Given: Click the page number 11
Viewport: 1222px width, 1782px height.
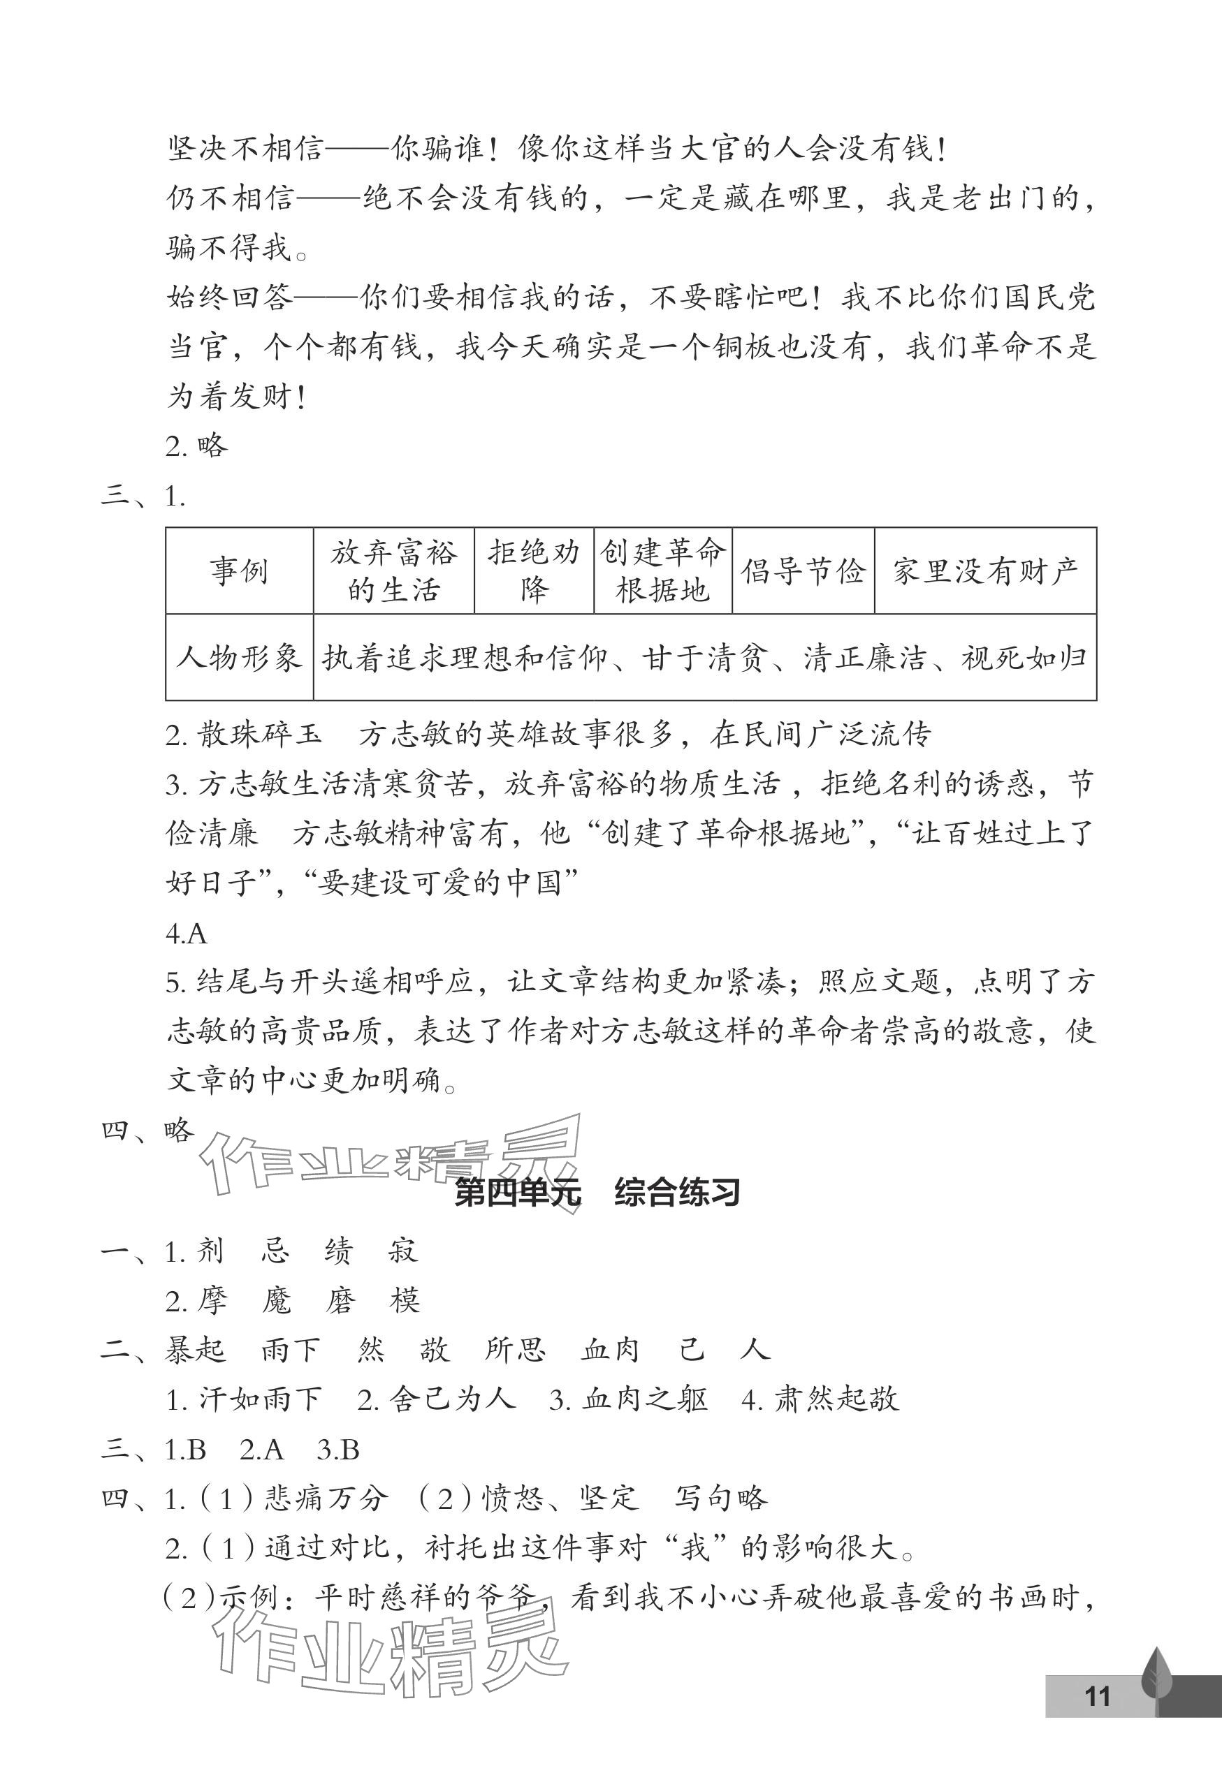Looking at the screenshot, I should tap(1098, 1695).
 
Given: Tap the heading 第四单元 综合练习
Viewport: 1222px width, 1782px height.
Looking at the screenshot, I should tap(597, 1194).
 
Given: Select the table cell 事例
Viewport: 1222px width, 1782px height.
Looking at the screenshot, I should tap(240, 571).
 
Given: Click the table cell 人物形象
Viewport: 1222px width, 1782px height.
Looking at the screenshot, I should tap(240, 658).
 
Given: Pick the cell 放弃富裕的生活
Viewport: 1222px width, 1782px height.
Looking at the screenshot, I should tap(393, 571).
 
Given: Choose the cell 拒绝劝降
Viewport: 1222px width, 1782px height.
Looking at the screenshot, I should tap(534, 571).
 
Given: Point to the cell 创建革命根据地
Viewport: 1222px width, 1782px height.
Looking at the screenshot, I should tap(663, 571).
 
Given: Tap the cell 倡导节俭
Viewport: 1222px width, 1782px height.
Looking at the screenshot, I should tap(803, 571).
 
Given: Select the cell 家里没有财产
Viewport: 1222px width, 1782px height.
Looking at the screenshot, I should tap(985, 571).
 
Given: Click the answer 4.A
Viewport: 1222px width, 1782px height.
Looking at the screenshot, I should tap(187, 933).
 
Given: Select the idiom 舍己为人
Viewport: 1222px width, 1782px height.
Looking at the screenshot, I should tap(453, 1399).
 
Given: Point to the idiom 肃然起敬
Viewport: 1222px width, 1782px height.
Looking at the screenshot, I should tap(836, 1399).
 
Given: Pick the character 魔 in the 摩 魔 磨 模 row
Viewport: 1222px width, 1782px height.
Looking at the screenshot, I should tap(276, 1300).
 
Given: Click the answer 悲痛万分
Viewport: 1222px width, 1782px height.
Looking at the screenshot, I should tap(327, 1498).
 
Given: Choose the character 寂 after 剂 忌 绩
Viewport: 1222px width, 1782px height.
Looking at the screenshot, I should tap(402, 1251).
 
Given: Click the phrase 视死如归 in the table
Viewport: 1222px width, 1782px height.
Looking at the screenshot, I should tap(1024, 658).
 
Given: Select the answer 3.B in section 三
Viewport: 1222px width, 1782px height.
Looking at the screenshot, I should tap(338, 1449).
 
